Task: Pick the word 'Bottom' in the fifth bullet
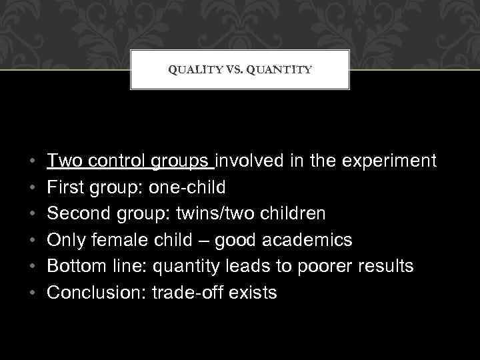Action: click(x=75, y=267)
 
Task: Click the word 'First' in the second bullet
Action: click(x=63, y=187)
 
